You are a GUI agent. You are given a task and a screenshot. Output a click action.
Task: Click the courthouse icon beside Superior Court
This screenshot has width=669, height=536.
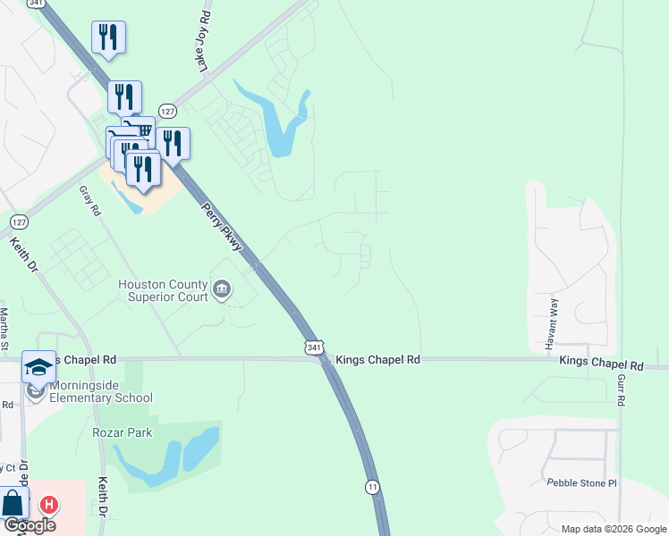tap(222, 289)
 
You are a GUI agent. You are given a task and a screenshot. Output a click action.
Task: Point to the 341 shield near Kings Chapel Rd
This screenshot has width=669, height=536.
tap(313, 346)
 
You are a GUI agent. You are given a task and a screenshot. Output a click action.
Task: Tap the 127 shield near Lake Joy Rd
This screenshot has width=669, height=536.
tap(167, 111)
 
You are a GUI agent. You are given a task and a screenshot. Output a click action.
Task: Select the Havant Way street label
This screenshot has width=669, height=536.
tap(553, 317)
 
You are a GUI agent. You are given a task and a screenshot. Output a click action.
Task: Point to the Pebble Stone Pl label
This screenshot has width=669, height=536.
tap(582, 483)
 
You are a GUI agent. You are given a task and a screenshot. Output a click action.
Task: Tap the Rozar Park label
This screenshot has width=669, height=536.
tap(123, 433)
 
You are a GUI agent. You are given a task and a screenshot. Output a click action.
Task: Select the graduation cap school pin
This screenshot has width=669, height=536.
tap(39, 367)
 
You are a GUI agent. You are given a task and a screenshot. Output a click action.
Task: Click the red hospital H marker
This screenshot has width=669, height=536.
tap(50, 505)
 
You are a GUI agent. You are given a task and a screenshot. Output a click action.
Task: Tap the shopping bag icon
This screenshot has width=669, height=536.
tap(13, 503)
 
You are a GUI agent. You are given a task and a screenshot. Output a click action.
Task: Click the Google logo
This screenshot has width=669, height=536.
tap(29, 525)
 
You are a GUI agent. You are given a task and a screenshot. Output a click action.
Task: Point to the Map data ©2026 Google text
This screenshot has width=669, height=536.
tap(614, 529)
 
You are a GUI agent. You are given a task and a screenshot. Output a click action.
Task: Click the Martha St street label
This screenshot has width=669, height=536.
tap(4, 330)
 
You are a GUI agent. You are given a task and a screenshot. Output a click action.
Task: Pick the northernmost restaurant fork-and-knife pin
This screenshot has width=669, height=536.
tap(108, 37)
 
